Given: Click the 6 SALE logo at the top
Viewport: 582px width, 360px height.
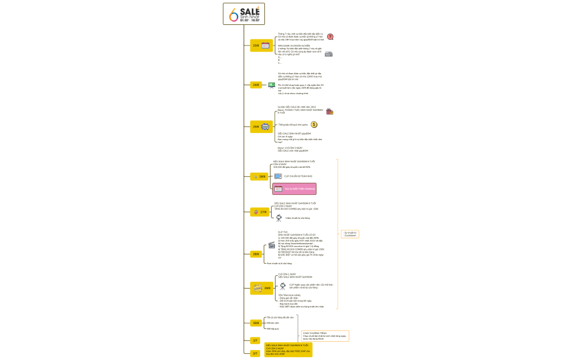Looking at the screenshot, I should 244,14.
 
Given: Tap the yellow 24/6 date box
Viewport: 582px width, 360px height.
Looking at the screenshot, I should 256,85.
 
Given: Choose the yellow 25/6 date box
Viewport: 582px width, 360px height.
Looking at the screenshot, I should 261,127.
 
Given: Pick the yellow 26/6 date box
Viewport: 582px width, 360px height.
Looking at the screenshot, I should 259,176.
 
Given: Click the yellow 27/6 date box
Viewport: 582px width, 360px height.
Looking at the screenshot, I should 259,212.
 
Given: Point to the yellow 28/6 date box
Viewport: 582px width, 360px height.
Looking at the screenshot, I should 256,254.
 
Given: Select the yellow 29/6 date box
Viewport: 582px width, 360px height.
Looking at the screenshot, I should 262,288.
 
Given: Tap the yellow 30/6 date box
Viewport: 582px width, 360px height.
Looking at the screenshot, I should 256,323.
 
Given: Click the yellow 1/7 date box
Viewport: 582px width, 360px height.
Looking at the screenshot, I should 256,341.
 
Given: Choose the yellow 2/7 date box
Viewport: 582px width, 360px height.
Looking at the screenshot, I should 256,353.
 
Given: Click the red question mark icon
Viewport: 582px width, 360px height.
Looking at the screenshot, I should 330,37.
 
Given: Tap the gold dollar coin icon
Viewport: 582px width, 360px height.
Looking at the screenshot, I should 314,125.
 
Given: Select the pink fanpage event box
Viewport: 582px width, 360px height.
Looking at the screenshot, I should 294,189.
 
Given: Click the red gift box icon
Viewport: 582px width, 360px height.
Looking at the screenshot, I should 330,111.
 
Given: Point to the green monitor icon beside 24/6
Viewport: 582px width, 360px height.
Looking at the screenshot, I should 272,85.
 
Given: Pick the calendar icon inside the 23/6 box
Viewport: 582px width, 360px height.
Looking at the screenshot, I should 266,45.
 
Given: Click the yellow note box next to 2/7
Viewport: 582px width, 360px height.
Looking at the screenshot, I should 288,349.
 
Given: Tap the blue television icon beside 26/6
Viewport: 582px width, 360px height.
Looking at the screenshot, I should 278,176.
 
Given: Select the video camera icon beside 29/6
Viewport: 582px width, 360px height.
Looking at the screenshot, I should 283,286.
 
